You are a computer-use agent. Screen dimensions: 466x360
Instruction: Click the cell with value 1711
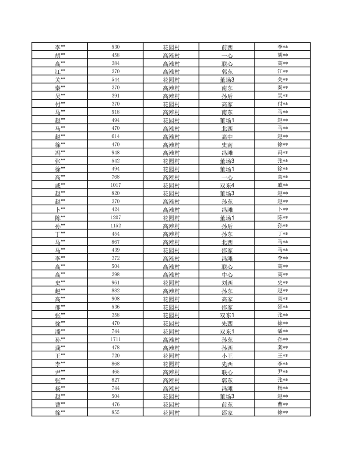116,339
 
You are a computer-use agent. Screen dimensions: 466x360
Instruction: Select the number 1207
116,218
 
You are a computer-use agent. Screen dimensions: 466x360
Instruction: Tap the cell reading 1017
116,185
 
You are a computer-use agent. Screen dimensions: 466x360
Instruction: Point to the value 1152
116,225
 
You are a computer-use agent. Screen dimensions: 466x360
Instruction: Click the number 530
116,47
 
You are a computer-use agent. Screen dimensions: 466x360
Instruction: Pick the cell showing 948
116,152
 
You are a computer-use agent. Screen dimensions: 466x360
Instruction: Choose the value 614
116,136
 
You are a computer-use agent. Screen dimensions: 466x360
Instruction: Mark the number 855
116,413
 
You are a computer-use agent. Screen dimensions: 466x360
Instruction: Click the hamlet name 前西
227,47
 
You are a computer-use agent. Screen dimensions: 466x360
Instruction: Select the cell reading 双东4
227,185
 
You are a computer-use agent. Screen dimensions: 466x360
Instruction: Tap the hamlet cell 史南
227,145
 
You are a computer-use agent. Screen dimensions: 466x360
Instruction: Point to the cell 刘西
227,283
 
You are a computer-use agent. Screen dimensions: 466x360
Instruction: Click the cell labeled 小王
227,356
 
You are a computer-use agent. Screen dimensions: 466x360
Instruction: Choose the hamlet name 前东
227,405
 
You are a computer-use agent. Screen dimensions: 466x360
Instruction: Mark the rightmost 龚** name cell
283,348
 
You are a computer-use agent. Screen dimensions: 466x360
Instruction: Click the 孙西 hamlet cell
227,348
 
